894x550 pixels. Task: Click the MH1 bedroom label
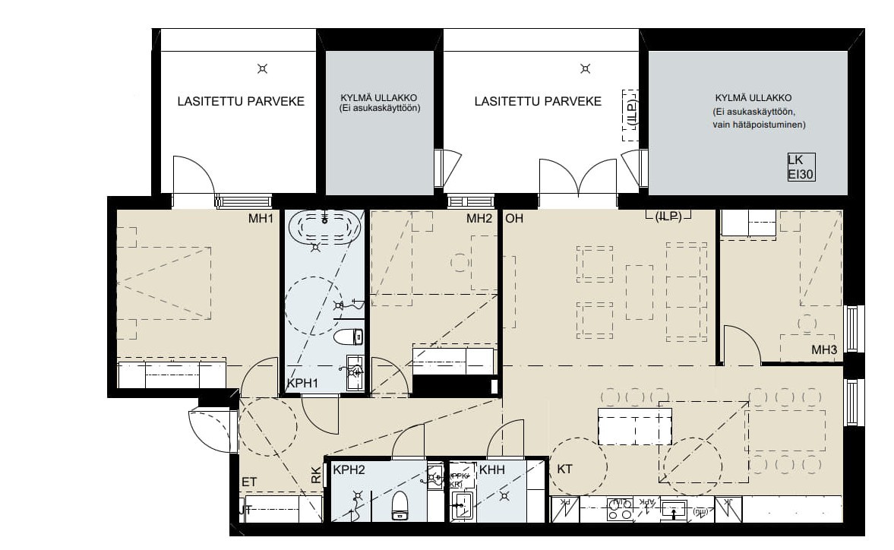[x=260, y=220]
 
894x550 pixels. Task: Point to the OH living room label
[x=514, y=220]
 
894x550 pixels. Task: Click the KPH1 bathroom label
[x=302, y=384]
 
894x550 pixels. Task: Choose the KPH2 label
[x=349, y=470]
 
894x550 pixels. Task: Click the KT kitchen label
[x=564, y=469]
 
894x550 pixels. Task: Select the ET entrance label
[x=248, y=482]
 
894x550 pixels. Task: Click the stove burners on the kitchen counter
[x=621, y=510]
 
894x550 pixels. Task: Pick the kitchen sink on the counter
[x=674, y=510]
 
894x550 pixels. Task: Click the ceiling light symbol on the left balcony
[x=262, y=69]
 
